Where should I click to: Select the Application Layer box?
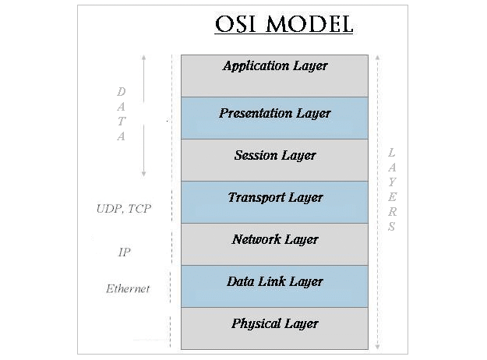(274, 76)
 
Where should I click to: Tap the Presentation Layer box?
(274, 118)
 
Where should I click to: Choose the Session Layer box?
(274, 160)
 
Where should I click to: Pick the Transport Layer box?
(274, 202)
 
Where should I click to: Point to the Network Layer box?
(274, 244)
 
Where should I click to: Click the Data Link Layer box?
(274, 286)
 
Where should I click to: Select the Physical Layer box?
(274, 328)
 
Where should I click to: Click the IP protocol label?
(123, 252)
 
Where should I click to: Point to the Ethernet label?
(127, 289)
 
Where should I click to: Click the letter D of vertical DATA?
(122, 91)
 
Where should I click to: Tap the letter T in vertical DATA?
(122, 121)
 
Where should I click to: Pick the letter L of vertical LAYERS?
(392, 152)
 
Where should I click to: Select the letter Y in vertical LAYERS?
(392, 182)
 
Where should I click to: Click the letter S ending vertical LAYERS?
(392, 228)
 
